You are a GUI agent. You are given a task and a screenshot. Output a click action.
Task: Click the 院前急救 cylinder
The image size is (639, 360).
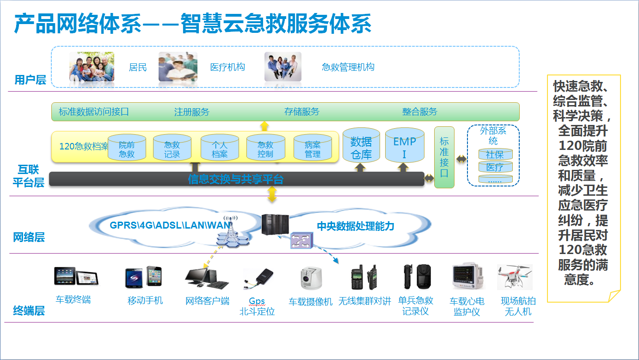tap(127, 148)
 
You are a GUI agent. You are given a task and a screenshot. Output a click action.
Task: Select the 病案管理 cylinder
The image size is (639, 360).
tap(313, 148)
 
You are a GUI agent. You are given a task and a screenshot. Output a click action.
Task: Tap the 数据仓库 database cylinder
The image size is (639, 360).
tap(361, 146)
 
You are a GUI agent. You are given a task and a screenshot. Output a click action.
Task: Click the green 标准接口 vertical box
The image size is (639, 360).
tap(444, 157)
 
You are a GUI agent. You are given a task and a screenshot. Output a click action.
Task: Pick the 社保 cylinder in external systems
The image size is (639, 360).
tap(495, 155)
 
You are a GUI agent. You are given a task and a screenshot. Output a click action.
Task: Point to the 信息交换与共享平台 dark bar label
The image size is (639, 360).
tap(236, 179)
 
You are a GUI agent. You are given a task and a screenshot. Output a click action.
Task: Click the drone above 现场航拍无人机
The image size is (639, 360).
tap(515, 277)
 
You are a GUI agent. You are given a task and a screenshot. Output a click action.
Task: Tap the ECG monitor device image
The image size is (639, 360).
tap(467, 277)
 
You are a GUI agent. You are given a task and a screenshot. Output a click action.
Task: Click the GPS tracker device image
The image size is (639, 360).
tap(259, 279)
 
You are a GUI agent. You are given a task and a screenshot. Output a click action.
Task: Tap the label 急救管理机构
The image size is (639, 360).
tap(348, 67)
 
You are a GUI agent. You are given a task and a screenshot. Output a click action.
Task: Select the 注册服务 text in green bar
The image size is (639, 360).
tap(192, 112)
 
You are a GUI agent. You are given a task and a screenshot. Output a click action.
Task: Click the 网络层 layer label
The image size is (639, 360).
tap(29, 238)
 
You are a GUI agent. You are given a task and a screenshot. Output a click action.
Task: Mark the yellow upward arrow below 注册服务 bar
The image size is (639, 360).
tap(264, 125)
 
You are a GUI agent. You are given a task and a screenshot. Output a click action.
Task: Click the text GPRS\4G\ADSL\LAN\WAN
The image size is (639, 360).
tap(170, 225)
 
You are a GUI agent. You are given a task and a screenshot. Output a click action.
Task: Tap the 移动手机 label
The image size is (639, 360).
tap(145, 300)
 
